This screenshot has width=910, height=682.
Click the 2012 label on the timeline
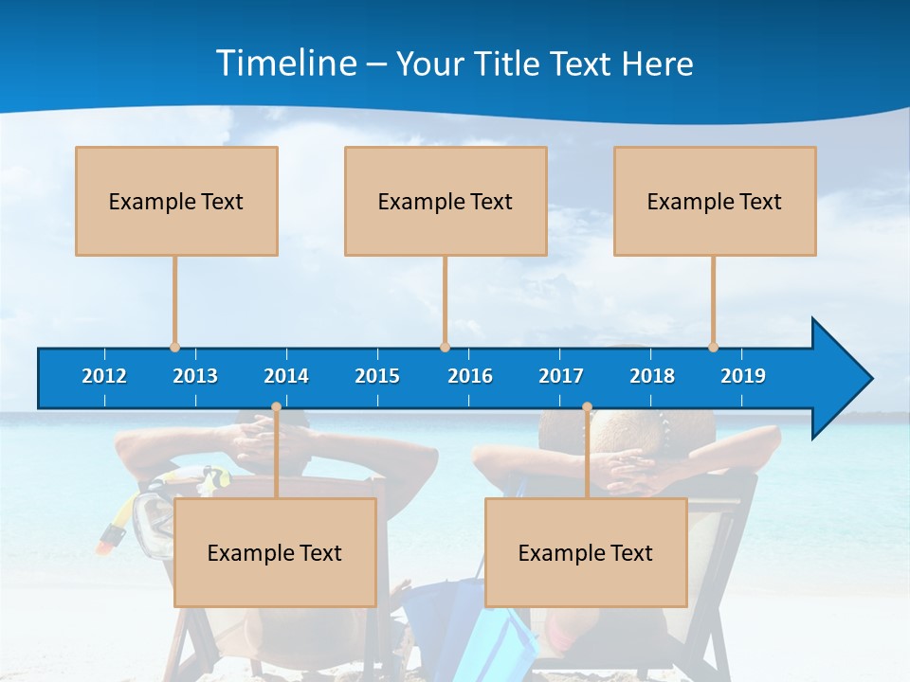[104, 376]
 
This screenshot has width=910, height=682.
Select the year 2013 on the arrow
[195, 376]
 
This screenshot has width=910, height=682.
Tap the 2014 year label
[286, 376]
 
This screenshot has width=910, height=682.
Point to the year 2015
[377, 376]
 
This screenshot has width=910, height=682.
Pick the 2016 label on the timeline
[470, 376]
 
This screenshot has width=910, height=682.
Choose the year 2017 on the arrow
[561, 376]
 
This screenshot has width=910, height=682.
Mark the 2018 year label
[652, 376]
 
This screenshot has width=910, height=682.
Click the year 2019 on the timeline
[743, 376]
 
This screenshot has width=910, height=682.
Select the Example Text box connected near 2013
[176, 201]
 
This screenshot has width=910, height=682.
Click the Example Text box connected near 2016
[446, 201]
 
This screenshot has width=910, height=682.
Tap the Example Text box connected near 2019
[715, 201]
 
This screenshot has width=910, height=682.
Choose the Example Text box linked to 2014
[275, 552]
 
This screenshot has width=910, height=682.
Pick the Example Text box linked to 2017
[586, 552]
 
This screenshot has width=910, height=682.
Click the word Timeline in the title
[285, 63]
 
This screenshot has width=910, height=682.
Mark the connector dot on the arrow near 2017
[587, 407]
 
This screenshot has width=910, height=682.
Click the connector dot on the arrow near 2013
[174, 347]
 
